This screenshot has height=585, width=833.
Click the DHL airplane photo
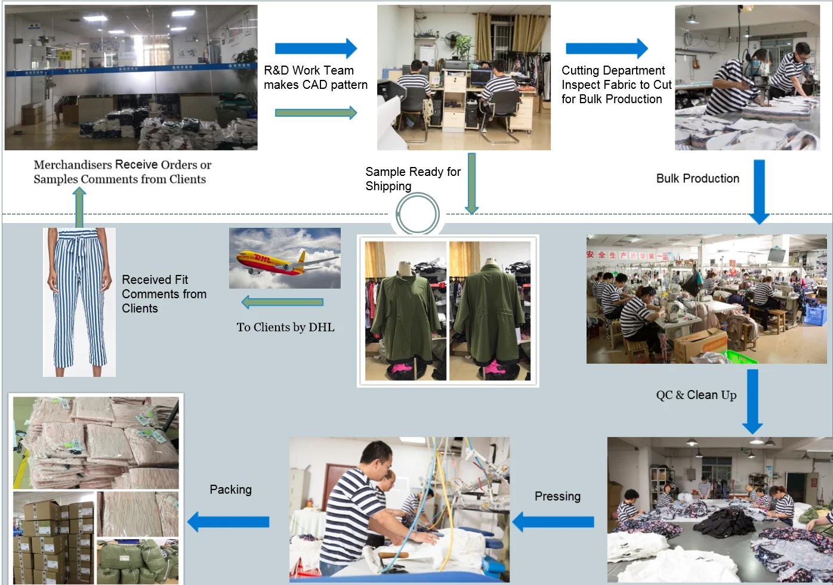coord(285,258)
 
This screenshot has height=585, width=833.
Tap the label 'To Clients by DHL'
coord(285,327)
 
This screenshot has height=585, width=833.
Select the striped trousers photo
coord(79,302)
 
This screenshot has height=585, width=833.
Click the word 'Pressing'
coord(557,496)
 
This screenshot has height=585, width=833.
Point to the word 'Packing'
coord(230,490)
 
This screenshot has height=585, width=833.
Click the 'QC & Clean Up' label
coord(696,395)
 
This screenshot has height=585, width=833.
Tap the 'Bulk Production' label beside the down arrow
coord(698,178)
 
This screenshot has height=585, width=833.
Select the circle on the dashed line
coord(418,215)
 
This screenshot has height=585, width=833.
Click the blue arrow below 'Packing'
coord(229,522)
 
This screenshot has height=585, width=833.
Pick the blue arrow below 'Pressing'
coord(553,522)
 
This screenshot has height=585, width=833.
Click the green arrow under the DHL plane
coord(282,302)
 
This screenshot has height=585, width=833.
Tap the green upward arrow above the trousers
coord(79,208)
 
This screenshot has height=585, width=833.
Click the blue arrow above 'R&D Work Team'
coord(316,48)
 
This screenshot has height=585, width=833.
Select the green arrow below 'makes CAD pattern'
coord(316,113)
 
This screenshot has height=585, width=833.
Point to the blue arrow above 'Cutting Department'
coord(606,48)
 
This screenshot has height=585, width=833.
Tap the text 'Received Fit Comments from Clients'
coord(164,294)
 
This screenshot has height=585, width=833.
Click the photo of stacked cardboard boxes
coord(53,537)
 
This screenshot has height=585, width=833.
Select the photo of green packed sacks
coord(137,561)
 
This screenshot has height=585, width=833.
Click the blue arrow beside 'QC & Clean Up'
coord(752,401)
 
